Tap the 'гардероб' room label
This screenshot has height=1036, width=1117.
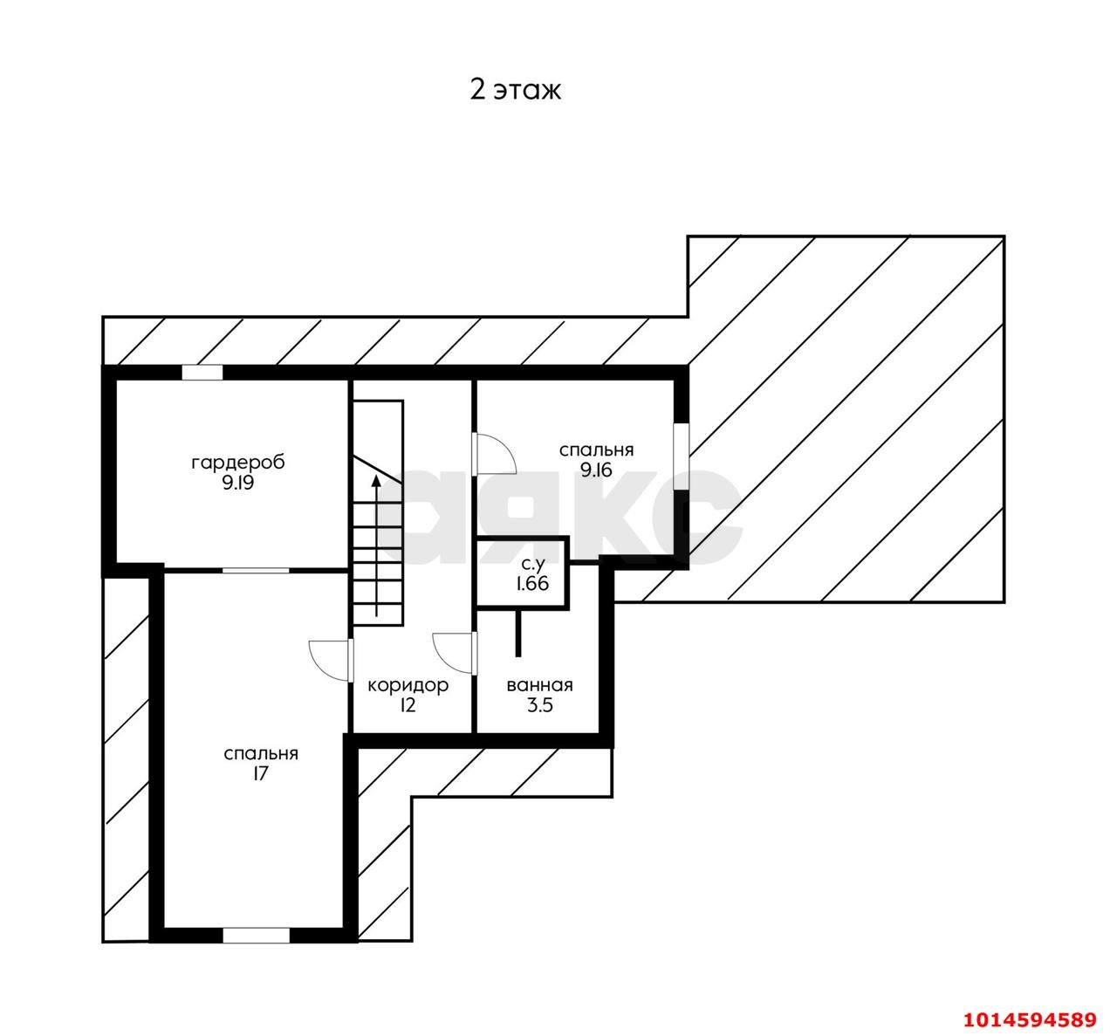pyautogui.click(x=238, y=463)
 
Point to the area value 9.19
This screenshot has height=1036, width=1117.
pyautogui.click(x=238, y=484)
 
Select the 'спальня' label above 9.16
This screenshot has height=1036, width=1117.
pyautogui.click(x=596, y=450)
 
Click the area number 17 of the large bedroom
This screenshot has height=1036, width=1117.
pyautogui.click(x=260, y=774)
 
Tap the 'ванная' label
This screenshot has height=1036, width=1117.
pyautogui.click(x=539, y=685)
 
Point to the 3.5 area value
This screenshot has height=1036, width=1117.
pyautogui.click(x=540, y=705)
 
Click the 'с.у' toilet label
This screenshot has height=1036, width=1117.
pyautogui.click(x=532, y=563)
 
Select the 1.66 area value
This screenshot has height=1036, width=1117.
pyautogui.click(x=532, y=584)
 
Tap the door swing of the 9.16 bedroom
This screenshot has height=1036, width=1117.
pyautogui.click(x=497, y=454)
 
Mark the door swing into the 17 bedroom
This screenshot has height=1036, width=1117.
pyautogui.click(x=329, y=660)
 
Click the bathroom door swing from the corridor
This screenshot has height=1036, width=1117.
pyautogui.click(x=453, y=653)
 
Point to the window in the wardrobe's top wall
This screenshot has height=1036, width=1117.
pyautogui.click(x=202, y=373)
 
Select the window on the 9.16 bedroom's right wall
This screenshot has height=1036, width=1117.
pyautogui.click(x=682, y=456)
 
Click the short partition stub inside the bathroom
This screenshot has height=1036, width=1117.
pyautogui.click(x=518, y=633)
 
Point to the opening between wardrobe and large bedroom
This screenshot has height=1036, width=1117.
pyautogui.click(x=256, y=570)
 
